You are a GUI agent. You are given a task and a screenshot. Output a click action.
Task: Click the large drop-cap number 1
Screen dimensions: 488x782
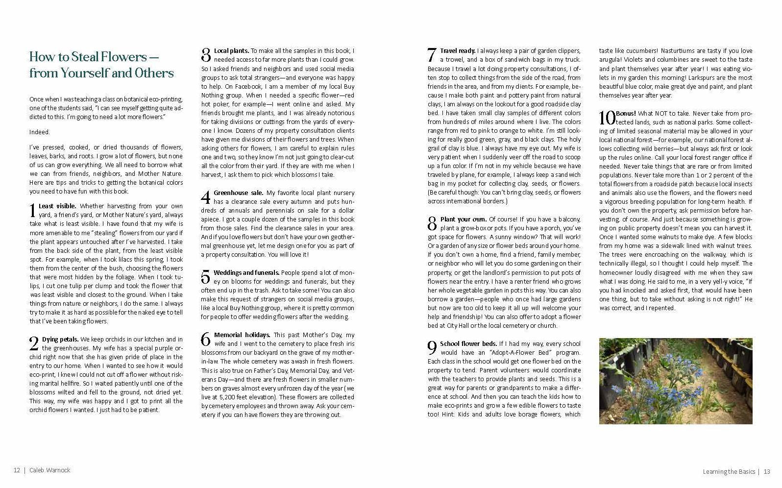tap(33, 211)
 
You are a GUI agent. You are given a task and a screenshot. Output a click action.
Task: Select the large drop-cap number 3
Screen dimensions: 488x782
tap(206, 55)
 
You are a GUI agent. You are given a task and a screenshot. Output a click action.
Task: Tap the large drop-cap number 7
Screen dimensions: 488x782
tap(432, 55)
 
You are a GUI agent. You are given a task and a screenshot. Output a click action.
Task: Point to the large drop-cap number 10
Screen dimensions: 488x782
tap(607, 118)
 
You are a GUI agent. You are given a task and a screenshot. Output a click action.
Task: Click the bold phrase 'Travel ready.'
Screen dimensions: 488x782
tap(457, 50)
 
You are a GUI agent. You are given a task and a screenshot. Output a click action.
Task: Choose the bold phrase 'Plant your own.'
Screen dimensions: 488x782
tap(463, 219)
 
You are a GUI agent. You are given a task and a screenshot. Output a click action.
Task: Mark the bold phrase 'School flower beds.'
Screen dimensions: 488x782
tap(468, 343)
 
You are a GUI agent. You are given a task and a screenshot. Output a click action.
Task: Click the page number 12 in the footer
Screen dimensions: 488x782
tap(17, 470)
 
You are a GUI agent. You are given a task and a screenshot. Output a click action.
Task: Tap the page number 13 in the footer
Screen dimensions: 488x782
tap(767, 472)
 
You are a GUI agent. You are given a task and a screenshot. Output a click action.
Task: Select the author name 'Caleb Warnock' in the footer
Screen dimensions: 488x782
tap(50, 470)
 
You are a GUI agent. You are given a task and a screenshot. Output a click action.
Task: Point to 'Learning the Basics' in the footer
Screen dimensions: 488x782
tap(729, 472)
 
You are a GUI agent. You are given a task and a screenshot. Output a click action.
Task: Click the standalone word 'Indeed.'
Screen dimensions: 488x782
tap(40, 132)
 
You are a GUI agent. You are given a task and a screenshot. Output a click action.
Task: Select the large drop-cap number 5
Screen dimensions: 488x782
tap(206, 277)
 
